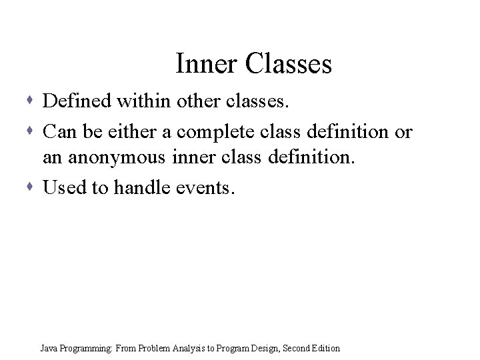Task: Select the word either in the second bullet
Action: point(134,132)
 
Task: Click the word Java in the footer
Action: point(48,348)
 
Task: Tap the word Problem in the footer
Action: point(154,348)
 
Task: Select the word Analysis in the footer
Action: point(191,348)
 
